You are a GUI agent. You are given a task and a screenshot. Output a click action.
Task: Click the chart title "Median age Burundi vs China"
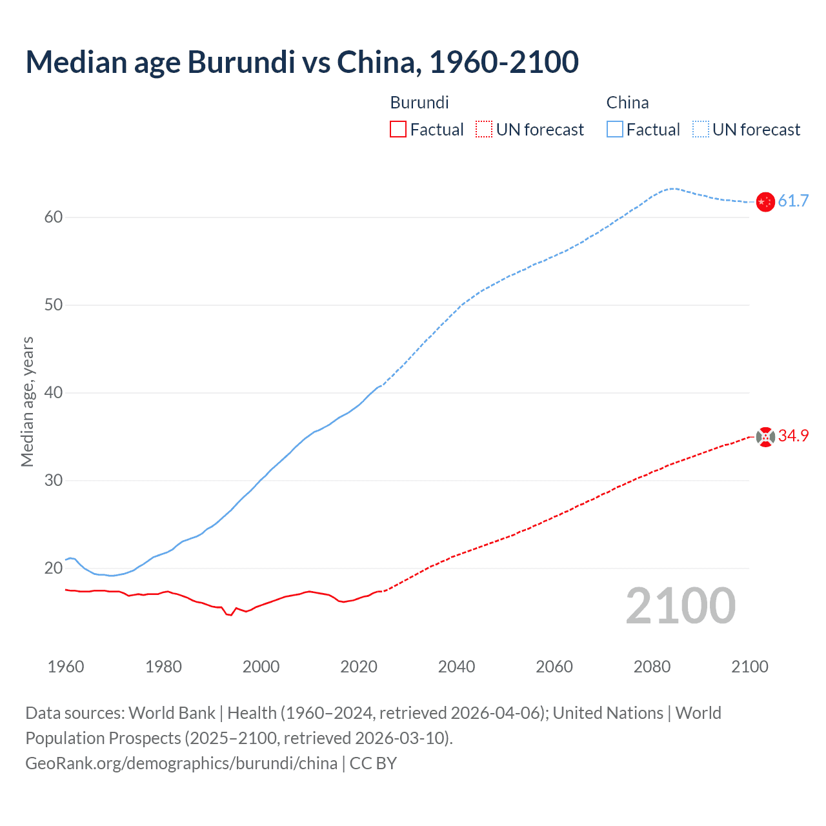coord(302,62)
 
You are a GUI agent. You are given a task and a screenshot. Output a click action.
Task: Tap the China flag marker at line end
coord(765,202)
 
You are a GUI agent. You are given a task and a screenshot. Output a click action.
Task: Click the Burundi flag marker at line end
coord(765,437)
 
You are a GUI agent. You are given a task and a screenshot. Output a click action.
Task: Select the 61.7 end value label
coord(793,201)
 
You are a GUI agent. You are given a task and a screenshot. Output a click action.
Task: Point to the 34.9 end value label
coord(793,436)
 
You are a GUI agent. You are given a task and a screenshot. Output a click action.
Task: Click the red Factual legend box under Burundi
coord(398,130)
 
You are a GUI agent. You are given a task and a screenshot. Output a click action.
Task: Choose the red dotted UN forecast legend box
coord(484,130)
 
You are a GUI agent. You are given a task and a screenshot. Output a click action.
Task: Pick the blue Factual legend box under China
coord(615,130)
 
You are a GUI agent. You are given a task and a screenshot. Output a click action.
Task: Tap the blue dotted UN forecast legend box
coord(701,130)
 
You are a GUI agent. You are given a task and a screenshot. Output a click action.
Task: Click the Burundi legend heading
coord(419,103)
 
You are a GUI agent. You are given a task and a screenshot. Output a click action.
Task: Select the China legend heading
coord(627,103)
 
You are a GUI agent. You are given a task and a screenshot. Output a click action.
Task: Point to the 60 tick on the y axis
coord(54,217)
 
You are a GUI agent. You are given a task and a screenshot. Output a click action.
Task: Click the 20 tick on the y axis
coord(54,569)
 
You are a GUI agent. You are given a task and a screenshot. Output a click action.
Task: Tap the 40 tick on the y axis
coord(54,393)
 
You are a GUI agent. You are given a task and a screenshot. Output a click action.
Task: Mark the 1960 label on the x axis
coord(66,667)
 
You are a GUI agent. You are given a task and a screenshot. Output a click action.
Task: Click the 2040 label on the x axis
coord(456,667)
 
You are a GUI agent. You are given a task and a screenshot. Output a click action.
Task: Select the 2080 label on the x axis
coord(652,667)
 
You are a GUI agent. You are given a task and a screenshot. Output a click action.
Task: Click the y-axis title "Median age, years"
coord(27,401)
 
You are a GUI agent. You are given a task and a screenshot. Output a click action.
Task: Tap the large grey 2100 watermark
coord(681,606)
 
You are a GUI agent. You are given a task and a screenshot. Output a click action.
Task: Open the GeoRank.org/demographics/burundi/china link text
coord(181,763)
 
